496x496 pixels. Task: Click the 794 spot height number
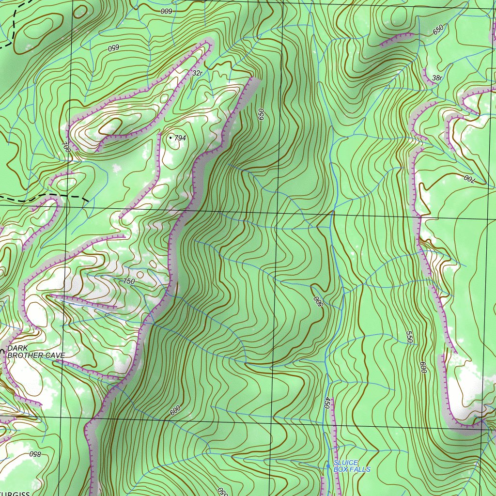[x=180, y=138]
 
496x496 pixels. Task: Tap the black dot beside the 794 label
[x=170, y=138]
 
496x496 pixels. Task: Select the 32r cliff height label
[x=197, y=73]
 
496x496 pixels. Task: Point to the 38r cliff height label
[x=437, y=78]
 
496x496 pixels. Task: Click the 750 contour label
[x=129, y=281]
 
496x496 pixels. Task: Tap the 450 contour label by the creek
[x=326, y=403]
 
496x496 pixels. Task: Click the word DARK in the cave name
[x=17, y=348]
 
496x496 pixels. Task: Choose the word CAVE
[x=54, y=356]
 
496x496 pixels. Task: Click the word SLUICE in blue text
[x=345, y=463]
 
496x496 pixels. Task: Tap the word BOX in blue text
[x=341, y=469]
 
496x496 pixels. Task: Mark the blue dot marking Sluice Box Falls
[x=328, y=466]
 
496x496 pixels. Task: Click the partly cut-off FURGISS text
[x=15, y=494]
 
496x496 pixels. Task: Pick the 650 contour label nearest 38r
[x=438, y=29]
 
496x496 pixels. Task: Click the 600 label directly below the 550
[x=423, y=368]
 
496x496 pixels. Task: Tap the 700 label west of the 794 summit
[x=66, y=147]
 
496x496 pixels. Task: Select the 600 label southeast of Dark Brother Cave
[x=175, y=410]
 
